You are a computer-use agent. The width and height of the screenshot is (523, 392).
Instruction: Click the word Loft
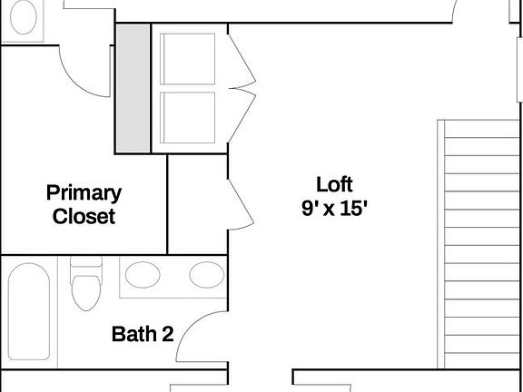click(334, 182)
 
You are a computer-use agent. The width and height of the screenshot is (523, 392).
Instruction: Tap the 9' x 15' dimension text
click(334, 208)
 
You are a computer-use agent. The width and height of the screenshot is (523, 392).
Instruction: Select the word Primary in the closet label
click(84, 192)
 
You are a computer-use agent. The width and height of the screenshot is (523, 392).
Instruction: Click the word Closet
click(84, 217)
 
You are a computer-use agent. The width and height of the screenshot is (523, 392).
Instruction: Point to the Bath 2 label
click(142, 334)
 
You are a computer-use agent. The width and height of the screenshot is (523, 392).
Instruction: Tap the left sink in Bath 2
click(141, 275)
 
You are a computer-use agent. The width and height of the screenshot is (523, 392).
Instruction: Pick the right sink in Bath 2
click(205, 275)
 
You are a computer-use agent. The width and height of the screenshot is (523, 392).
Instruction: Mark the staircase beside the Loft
click(481, 245)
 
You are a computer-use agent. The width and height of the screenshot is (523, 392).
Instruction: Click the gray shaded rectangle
click(132, 88)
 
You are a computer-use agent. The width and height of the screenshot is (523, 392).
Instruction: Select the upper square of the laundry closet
click(189, 59)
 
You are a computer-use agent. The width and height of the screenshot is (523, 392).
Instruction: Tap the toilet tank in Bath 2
click(87, 267)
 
